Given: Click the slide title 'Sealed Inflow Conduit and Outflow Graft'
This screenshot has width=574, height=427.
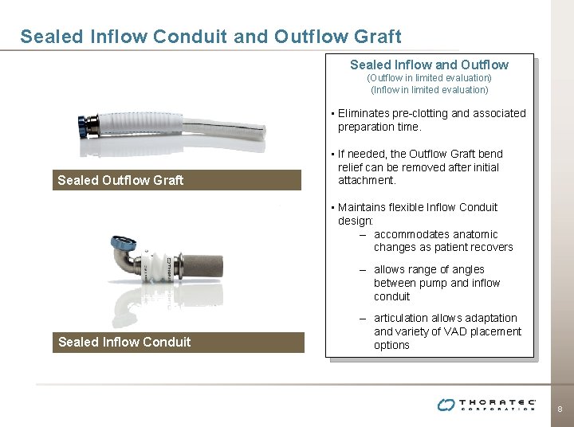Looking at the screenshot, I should (x=210, y=37).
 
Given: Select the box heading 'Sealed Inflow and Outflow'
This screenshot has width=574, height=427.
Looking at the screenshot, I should (x=429, y=65).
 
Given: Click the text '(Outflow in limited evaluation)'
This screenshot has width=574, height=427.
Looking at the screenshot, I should (x=429, y=78).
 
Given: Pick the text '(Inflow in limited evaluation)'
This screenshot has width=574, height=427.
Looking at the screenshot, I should (x=429, y=90).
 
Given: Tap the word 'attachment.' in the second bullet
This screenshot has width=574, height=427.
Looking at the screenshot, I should (x=367, y=181).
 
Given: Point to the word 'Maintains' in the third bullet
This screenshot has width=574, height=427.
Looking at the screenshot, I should (x=363, y=207).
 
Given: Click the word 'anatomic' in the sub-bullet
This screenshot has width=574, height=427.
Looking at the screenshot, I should (x=470, y=234).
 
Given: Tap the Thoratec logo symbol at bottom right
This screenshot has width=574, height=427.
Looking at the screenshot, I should (x=446, y=405).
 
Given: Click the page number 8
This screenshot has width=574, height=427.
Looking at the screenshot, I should (x=560, y=409).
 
